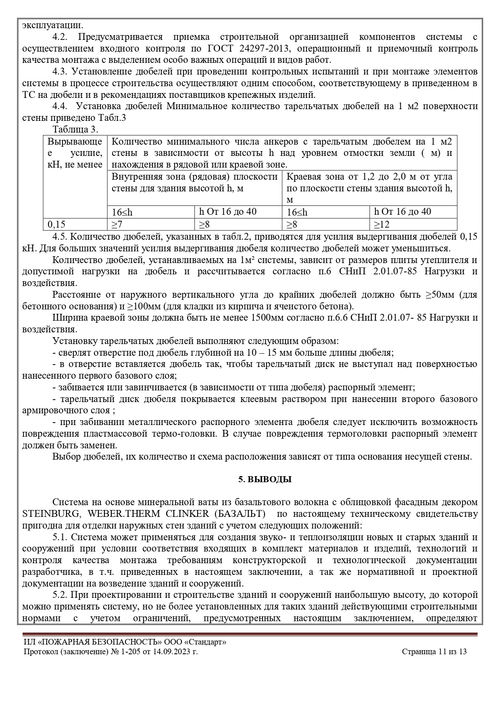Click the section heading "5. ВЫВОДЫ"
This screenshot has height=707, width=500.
point(265,479)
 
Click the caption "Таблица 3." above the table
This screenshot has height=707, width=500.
point(75,129)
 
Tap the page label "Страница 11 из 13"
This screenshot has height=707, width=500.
point(434,652)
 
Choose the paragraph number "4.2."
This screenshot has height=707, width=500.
point(62,37)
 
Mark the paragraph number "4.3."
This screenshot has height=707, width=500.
point(62,72)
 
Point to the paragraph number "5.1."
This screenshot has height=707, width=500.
point(62,537)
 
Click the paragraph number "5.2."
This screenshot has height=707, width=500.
point(62,595)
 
